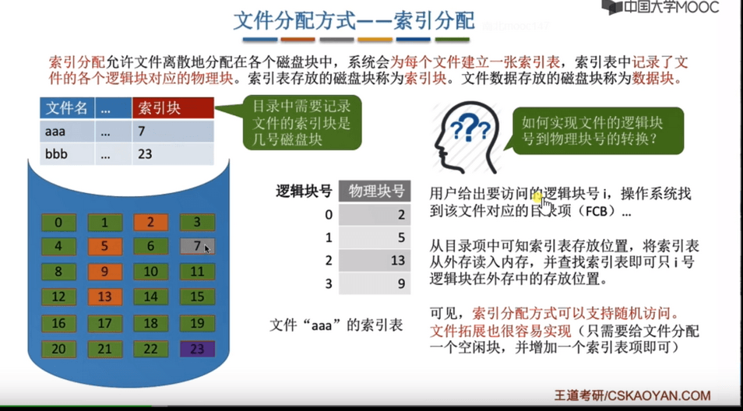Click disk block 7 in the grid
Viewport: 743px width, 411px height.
(197, 246)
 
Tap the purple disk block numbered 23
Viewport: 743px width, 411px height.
(197, 349)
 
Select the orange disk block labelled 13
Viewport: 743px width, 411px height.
(104, 297)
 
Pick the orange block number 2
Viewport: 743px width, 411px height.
(150, 222)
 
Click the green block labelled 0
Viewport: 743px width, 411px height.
(58, 222)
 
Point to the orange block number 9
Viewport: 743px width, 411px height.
(104, 272)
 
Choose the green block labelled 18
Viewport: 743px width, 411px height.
(150, 323)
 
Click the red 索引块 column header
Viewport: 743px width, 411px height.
(173, 108)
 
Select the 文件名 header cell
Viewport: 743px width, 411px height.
(66, 108)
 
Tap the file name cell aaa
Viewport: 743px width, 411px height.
(55, 131)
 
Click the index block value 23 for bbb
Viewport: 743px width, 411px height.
(145, 154)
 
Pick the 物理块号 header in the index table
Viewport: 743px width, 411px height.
(375, 191)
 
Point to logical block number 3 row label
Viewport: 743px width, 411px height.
(329, 283)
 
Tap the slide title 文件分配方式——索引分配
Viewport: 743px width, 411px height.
(354, 21)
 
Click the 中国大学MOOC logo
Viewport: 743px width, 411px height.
(660, 8)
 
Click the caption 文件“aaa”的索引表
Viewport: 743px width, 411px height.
(336, 325)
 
